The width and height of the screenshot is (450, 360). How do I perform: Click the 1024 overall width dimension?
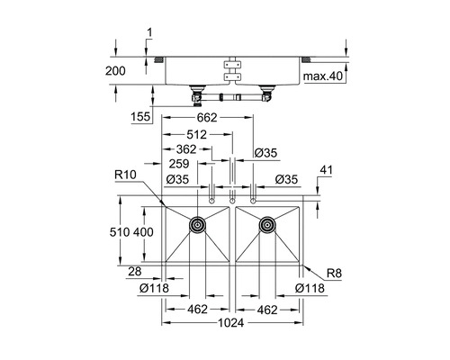point(231,323)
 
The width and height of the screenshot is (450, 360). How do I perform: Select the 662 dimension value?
point(207,118)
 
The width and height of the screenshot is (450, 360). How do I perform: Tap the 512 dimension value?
point(196,135)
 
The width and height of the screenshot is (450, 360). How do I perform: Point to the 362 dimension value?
point(186,149)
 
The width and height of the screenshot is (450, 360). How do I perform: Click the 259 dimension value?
point(179,164)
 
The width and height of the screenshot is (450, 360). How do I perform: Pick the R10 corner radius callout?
point(125,175)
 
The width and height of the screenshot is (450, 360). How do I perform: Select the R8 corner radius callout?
point(334,274)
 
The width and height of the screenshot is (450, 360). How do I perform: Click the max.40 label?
point(323,76)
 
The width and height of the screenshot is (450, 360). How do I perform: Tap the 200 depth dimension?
point(115,71)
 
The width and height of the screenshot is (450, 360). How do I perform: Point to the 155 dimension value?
point(140,116)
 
